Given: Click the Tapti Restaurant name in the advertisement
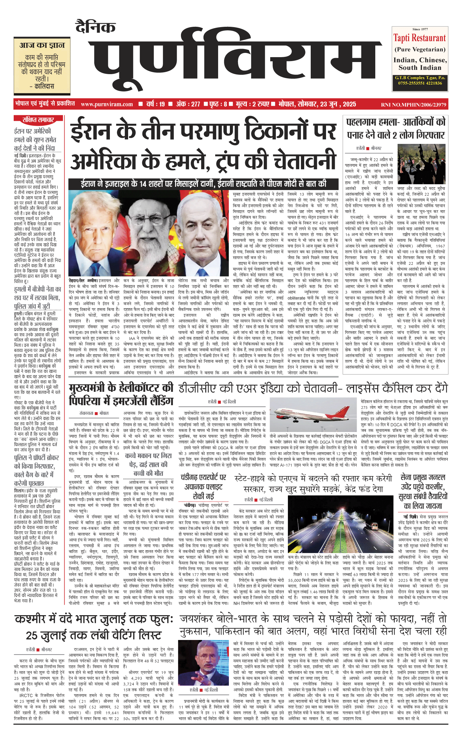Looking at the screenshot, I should pyautogui.click(x=419, y=38).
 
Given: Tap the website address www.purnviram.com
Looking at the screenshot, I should pyautogui.click(x=107, y=104).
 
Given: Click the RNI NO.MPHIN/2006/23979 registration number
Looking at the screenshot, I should pyautogui.click(x=413, y=105).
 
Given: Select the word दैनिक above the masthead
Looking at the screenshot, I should pyautogui.click(x=96, y=27).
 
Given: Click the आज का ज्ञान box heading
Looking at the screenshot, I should pyautogui.click(x=42, y=45).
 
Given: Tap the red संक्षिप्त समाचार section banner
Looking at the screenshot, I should pyautogui.click(x=38, y=120).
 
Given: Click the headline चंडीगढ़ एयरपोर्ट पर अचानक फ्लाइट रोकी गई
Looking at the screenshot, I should pyautogui.click(x=203, y=487).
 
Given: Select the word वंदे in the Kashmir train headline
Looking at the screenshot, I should pyautogui.click(x=61, y=619).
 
